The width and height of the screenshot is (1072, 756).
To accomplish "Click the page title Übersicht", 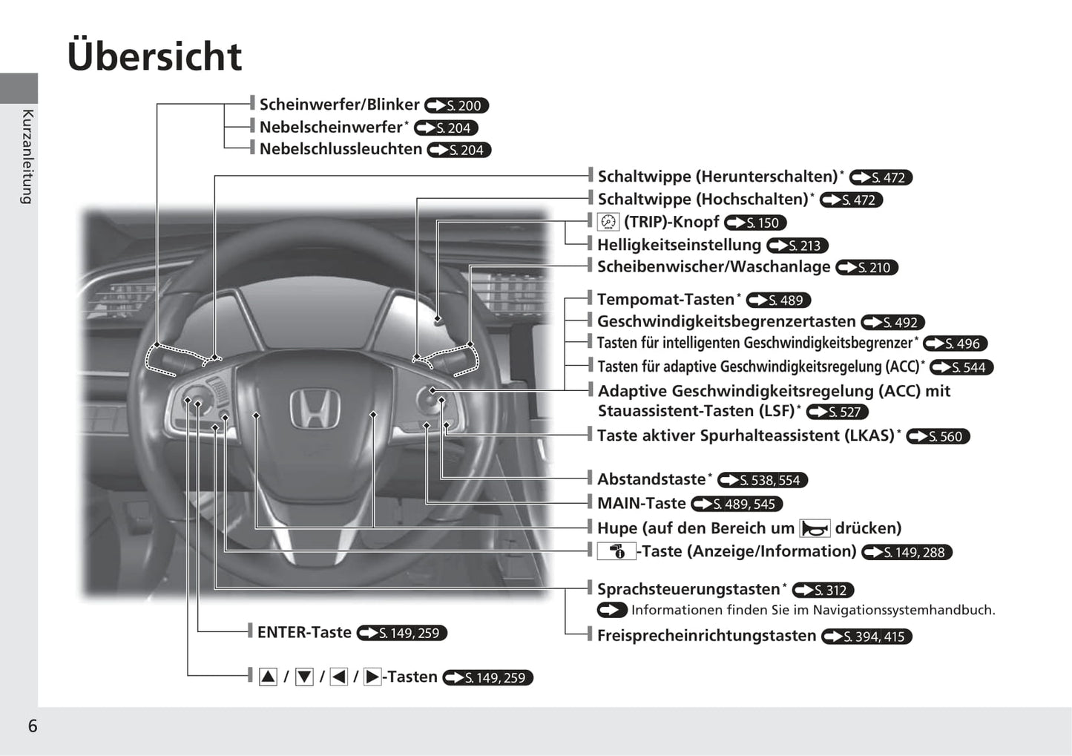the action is [x=154, y=56].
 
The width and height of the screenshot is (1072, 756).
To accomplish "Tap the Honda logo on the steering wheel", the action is [x=315, y=408].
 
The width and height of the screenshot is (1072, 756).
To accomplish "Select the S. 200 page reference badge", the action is [x=456, y=105].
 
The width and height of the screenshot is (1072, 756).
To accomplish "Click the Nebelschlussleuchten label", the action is [x=341, y=149].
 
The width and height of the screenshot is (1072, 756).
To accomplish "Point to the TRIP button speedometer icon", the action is [x=608, y=222].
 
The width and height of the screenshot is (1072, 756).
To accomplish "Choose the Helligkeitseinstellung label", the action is [x=679, y=245].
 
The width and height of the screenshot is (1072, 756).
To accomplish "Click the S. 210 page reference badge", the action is [x=867, y=268].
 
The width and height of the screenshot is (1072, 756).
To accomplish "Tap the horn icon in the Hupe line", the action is [x=815, y=529].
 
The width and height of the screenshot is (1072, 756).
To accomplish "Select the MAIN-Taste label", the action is [x=641, y=503].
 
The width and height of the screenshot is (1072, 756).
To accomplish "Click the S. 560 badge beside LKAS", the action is [x=938, y=436].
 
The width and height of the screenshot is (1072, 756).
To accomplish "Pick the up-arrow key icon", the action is [x=268, y=677].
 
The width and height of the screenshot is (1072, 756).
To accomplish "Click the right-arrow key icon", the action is [x=372, y=677].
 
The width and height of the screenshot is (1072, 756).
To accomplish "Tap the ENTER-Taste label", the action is [x=304, y=633].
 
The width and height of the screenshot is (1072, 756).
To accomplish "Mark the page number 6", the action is [x=33, y=726].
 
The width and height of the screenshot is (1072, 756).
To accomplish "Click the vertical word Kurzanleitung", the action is [x=27, y=157].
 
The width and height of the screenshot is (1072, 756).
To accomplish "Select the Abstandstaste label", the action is [x=651, y=479].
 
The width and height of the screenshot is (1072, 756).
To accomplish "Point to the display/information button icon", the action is [x=616, y=552].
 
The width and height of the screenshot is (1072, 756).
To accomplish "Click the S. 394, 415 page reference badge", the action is [x=867, y=637].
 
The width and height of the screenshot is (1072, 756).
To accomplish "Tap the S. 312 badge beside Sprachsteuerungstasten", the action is [x=823, y=590].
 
